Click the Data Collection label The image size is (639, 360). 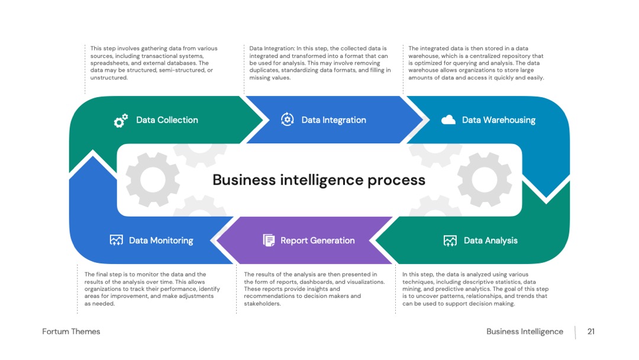pyautogui.click(x=167, y=120)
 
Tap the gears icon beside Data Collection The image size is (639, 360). pyautogui.click(x=121, y=121)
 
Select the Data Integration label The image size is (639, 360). pyautogui.click(x=334, y=120)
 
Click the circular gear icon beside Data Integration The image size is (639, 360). pyautogui.click(x=288, y=120)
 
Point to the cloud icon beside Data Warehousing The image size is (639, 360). pyautogui.click(x=448, y=120)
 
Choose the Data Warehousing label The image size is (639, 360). pyautogui.click(x=499, y=120)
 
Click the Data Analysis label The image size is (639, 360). pyautogui.click(x=490, y=240)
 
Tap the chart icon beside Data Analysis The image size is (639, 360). pyautogui.click(x=450, y=240)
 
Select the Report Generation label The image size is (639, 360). pyautogui.click(x=318, y=240)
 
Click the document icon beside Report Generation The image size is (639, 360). pyautogui.click(x=269, y=240)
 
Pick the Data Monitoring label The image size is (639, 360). pyautogui.click(x=161, y=240)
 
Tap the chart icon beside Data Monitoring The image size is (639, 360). pyautogui.click(x=116, y=240)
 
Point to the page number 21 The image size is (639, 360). pyautogui.click(x=591, y=332)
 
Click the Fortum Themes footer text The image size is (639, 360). pyautogui.click(x=71, y=332)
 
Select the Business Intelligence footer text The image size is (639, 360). pyautogui.click(x=525, y=332)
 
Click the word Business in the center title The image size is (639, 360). pyautogui.click(x=244, y=180)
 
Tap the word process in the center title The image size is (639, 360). pyautogui.click(x=396, y=181)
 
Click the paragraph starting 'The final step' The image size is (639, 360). pyautogui.click(x=152, y=289)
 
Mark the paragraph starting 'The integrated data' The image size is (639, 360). pyautogui.click(x=476, y=63)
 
